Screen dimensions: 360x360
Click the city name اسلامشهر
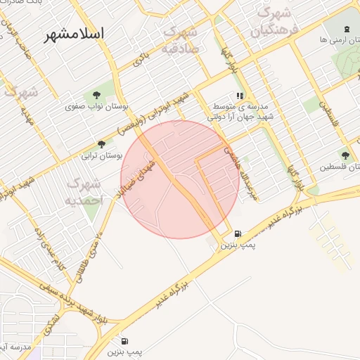tap(73, 33)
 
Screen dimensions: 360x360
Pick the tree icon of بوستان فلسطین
tap(345, 155)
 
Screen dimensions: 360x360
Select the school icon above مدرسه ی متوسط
tap(240, 96)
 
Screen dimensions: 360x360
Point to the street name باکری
tap(142, 59)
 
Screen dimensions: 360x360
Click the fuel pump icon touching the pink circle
tap(236, 234)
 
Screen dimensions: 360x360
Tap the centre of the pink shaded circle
tap(180, 179)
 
